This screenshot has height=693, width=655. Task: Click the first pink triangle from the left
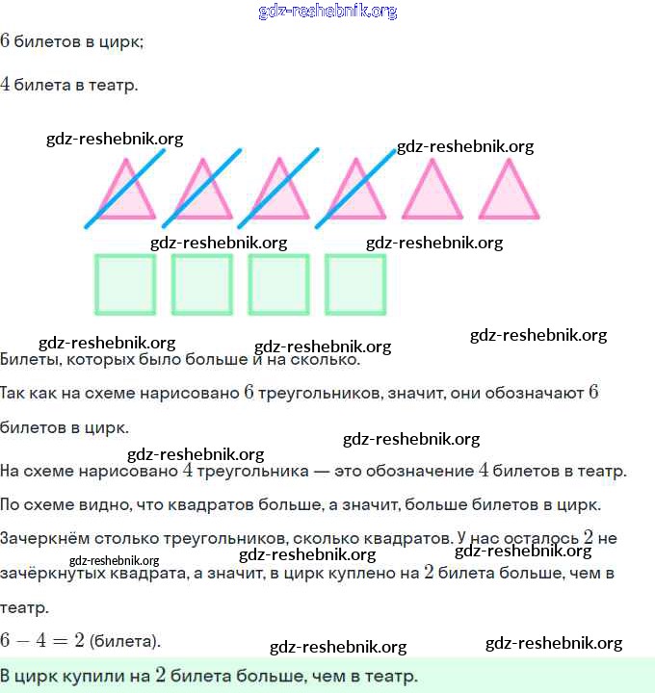(x=123, y=192)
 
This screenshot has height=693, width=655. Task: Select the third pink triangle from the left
(x=278, y=192)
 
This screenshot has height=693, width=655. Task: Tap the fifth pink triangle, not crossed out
(x=432, y=192)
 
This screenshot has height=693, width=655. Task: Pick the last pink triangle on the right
(x=509, y=192)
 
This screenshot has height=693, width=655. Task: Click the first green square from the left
(x=125, y=284)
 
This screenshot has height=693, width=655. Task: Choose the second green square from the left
(x=201, y=284)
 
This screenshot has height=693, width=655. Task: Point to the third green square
(x=278, y=284)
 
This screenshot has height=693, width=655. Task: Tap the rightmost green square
(x=355, y=284)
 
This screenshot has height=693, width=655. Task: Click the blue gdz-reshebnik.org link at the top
(x=327, y=12)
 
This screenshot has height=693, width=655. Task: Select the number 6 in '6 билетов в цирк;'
(x=6, y=41)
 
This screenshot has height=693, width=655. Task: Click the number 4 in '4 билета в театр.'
(x=6, y=85)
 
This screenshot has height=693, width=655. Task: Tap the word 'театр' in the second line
(x=113, y=85)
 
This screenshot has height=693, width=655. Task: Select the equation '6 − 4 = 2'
(x=42, y=640)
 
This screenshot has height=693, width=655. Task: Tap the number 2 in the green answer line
(x=161, y=676)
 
